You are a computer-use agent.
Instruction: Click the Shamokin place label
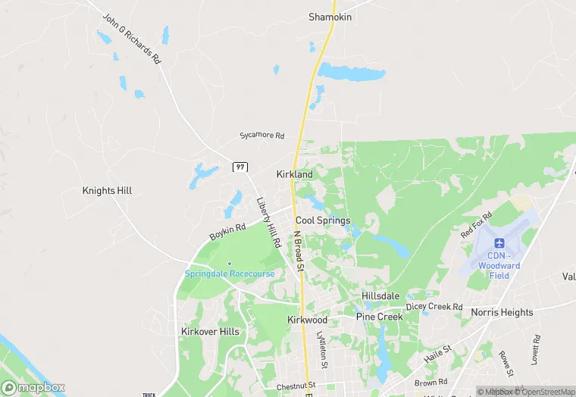coord(330,17)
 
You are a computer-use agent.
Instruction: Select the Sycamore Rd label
coord(261,136)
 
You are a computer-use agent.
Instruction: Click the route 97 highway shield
coord(240,167)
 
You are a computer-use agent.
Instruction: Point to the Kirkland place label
coord(295,174)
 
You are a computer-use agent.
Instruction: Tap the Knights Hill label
coord(107,191)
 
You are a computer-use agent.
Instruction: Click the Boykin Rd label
coord(227,232)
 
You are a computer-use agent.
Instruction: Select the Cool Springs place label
coord(323,220)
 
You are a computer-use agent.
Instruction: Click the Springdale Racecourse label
coord(230,274)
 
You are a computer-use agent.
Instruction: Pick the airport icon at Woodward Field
coord(499,242)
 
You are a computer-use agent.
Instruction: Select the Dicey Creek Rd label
coord(434,307)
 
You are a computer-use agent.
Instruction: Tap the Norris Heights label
coord(502,312)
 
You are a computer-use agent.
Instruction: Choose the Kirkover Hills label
coord(210,332)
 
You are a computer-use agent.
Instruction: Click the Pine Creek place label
coord(380,317)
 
